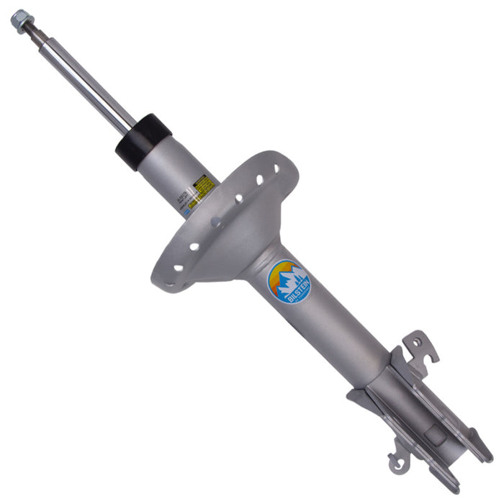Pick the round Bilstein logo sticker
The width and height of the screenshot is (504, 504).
click(x=289, y=282)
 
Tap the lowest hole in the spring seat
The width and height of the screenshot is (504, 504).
click(x=177, y=268)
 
